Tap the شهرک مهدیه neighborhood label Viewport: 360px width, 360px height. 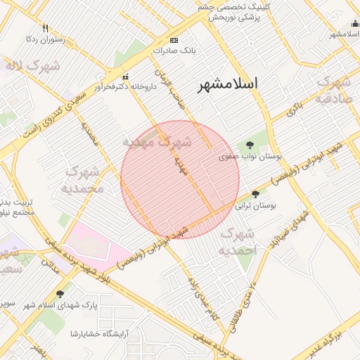pos(157,141)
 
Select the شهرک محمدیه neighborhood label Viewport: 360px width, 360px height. pos(84,179)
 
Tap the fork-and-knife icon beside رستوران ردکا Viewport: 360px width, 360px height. pos(46,29)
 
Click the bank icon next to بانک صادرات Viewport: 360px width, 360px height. pos(174,40)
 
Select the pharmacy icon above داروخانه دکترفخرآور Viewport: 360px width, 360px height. pos(125,77)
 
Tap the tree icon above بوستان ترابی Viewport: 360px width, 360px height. pos(255,193)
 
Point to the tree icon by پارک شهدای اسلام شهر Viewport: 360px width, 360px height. pos(60,294)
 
